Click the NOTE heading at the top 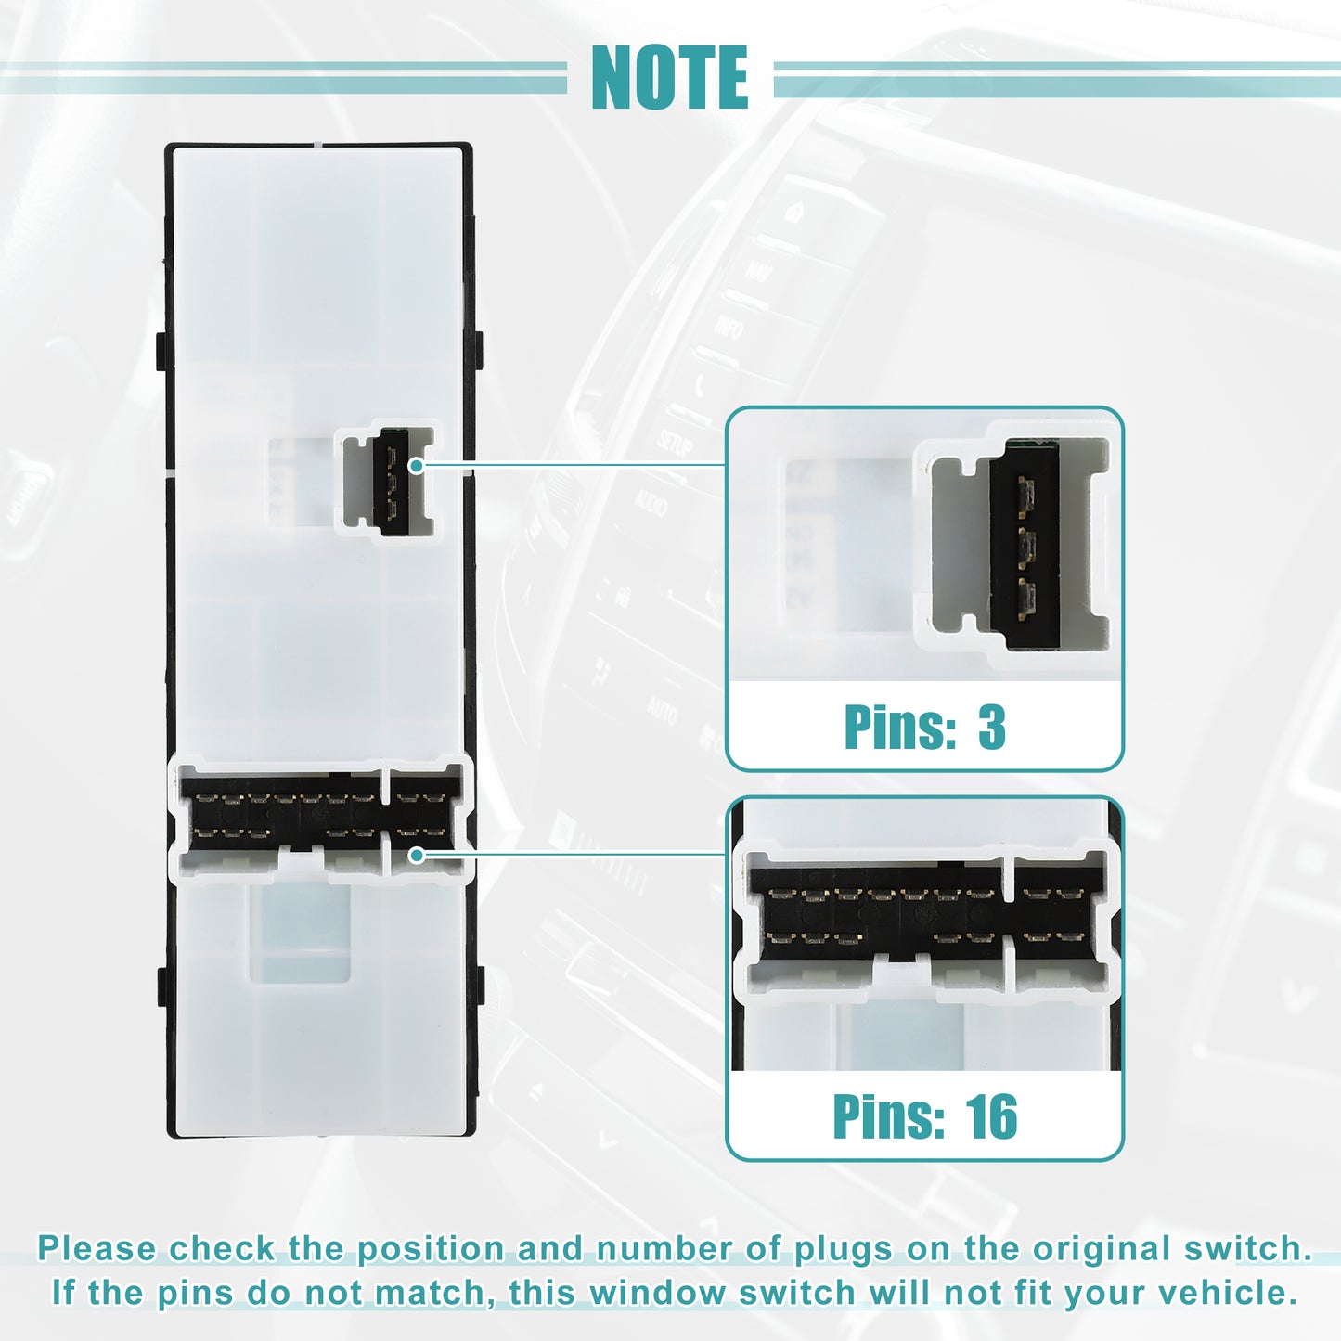tap(669, 77)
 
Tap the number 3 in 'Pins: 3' tap(992, 728)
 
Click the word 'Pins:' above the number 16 tap(890, 1117)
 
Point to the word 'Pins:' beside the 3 tap(901, 728)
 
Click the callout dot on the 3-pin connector tap(416, 466)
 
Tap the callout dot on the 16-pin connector tap(416, 855)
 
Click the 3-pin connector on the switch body tap(388, 482)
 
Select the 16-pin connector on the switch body tap(321, 819)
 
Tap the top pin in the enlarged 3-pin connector tap(1025, 496)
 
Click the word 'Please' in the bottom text tap(97, 1248)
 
